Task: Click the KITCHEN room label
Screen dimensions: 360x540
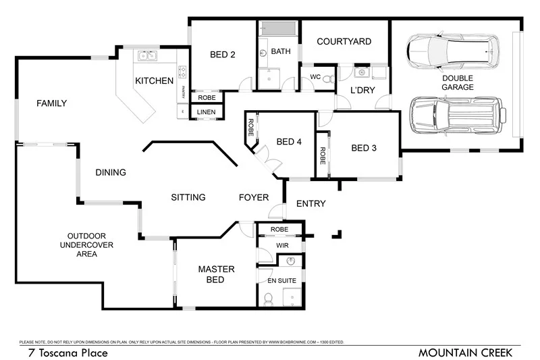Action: tap(154, 81)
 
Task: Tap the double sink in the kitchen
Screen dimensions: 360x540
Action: tap(146, 55)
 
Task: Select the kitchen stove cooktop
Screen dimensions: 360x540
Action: tap(182, 70)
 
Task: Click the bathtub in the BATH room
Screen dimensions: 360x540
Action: tap(277, 30)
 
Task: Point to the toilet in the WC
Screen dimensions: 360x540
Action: tap(328, 79)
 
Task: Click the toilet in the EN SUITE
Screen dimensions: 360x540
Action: tap(268, 298)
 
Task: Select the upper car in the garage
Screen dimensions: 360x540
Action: tap(453, 51)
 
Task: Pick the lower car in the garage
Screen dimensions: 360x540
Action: tap(458, 115)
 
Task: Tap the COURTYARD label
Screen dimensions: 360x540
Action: tap(344, 41)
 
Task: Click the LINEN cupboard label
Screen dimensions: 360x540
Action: tap(206, 112)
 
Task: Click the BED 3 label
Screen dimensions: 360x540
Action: tap(364, 149)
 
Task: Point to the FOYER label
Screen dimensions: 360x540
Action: tap(254, 198)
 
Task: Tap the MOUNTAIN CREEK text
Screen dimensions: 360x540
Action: tap(465, 353)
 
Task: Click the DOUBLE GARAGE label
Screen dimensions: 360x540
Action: tap(458, 82)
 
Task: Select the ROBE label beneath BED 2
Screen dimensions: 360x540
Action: tap(206, 97)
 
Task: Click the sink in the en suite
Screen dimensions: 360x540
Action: tap(291, 261)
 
